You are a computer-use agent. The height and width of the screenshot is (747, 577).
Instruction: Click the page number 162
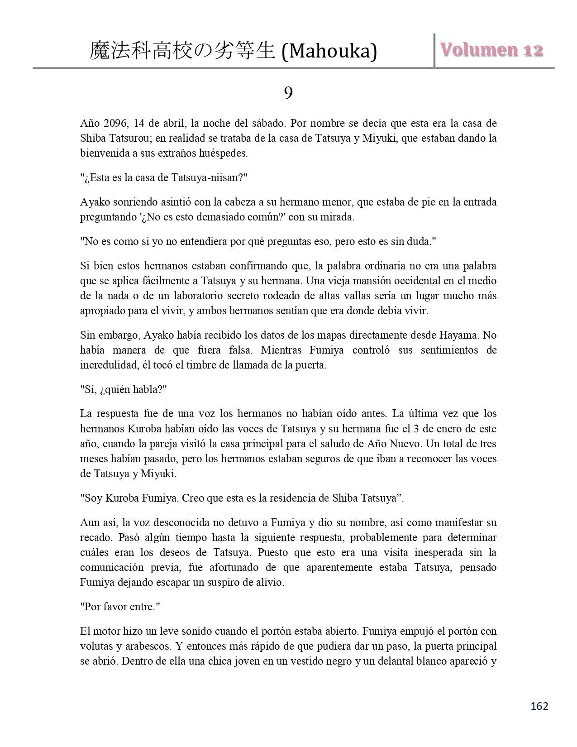[539, 706]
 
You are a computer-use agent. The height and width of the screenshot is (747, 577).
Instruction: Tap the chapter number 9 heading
[288, 93]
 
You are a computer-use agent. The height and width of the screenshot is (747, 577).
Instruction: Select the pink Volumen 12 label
[492, 50]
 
